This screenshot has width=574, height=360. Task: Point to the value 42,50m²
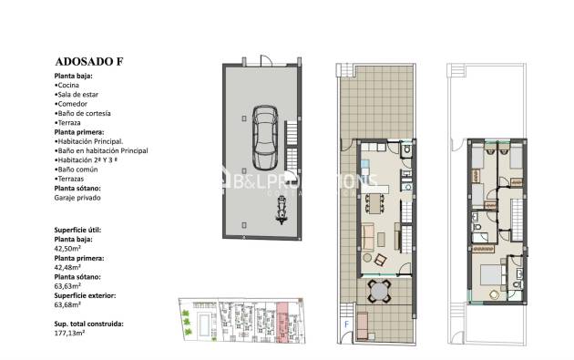[x=70, y=247]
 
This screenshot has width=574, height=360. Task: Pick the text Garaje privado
[x=77, y=197]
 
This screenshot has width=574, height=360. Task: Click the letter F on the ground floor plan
[x=345, y=323]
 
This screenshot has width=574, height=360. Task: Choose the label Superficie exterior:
[x=87, y=294]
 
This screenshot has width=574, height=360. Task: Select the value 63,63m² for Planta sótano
[x=70, y=285]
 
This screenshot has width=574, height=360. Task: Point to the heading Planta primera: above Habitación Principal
[x=82, y=131]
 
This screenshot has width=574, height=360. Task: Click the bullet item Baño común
[x=77, y=170]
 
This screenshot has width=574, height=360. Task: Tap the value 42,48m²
[x=70, y=266]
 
